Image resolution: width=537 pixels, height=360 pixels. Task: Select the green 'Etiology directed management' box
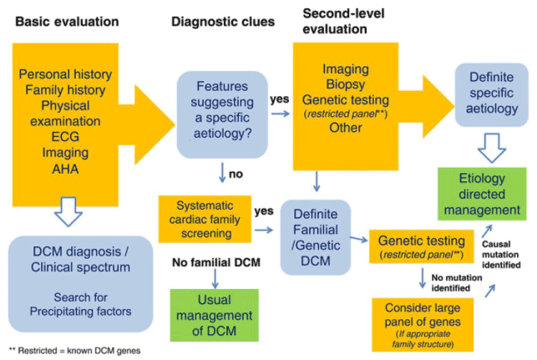point(482,194)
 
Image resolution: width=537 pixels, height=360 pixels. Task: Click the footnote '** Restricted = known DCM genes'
point(74,350)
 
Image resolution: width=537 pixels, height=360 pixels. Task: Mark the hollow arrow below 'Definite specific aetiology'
point(492,147)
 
